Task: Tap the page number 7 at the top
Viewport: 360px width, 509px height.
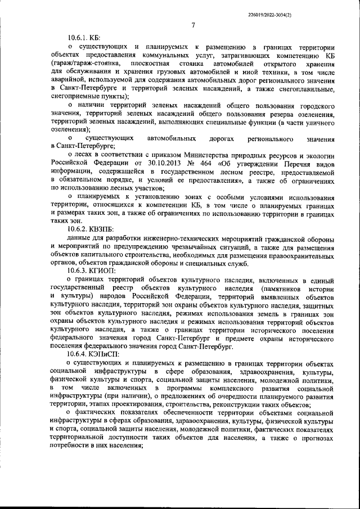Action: point(192,25)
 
